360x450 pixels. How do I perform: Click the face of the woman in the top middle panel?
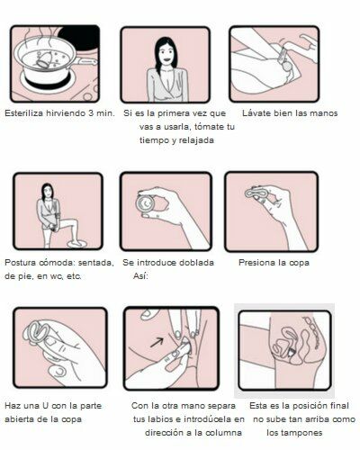[165, 55]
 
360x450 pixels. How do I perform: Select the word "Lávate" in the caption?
[255, 113]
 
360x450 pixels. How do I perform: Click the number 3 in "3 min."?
[91, 113]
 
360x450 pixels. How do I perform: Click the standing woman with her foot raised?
[57, 216]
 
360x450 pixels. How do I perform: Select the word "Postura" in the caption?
[20, 263]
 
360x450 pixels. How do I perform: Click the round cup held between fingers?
[146, 203]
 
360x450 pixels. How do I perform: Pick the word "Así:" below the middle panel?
[140, 276]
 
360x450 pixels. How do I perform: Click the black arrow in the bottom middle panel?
[157, 342]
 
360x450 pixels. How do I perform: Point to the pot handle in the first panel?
[85, 61]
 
